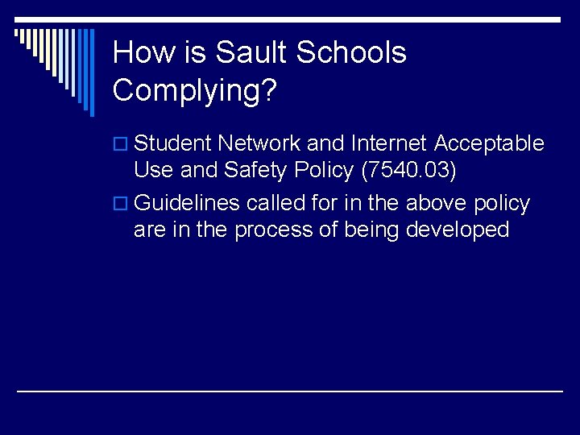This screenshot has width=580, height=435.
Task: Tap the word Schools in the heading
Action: [351, 53]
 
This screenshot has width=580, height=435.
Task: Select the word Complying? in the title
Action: [195, 90]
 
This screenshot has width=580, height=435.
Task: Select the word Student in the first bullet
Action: [172, 144]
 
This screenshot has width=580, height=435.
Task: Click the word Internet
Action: [390, 144]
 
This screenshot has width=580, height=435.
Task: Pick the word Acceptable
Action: [489, 144]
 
